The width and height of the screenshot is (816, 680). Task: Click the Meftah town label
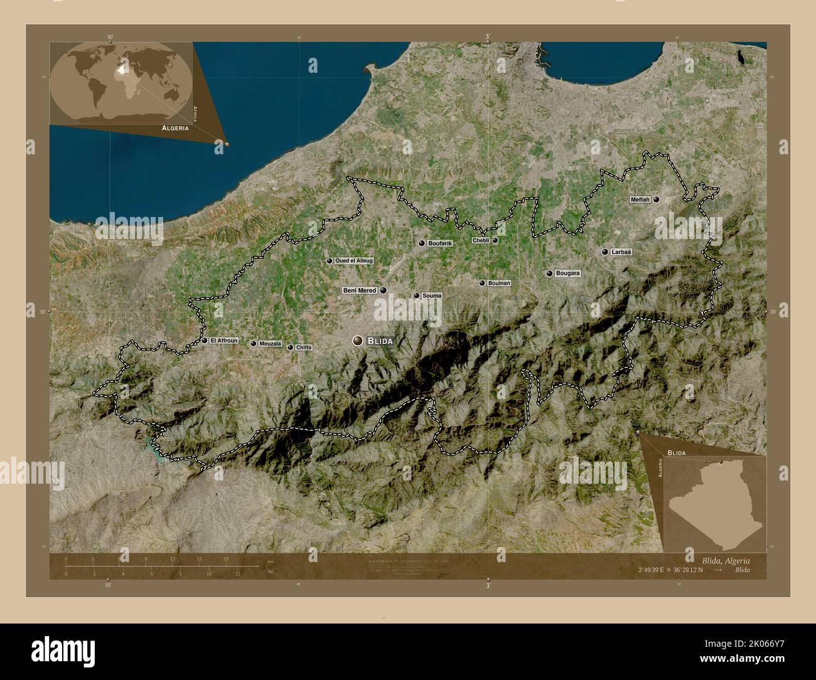641,199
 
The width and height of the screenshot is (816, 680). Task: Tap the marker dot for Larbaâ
604,252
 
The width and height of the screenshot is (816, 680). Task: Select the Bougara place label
567,274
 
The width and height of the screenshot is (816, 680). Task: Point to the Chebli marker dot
495,240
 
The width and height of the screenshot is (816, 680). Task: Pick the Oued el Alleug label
354,260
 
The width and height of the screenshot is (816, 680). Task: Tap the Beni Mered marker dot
383,290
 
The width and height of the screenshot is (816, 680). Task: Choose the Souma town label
432,295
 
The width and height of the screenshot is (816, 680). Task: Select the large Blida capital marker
358,341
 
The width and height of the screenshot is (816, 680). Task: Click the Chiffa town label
304,348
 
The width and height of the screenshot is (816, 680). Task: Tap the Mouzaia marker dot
254,344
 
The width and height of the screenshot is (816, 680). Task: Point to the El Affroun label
224,341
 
